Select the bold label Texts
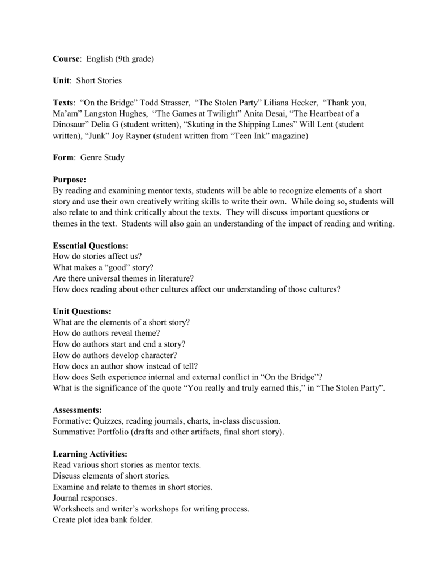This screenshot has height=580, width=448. coord(63,103)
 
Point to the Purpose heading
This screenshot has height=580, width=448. coord(69,180)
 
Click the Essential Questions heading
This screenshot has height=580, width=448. coord(91,246)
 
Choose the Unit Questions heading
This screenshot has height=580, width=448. coord(82,312)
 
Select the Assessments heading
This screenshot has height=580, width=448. coord(77,410)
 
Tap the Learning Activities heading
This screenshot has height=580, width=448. coord(89,454)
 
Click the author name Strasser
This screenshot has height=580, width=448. coord(173,103)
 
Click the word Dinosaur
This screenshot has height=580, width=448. coord(70,125)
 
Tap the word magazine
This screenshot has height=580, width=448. coord(290,136)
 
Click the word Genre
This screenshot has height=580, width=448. coord(91,158)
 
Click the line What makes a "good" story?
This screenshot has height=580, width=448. coord(103,268)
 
